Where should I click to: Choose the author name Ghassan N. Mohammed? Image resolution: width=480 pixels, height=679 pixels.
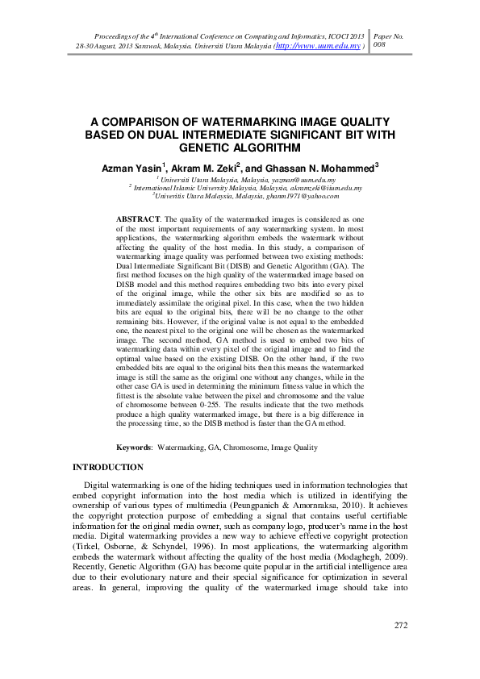[316, 168]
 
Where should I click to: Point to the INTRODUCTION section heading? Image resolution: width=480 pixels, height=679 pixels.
[108, 468]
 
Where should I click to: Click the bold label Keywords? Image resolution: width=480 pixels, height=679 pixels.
[134, 446]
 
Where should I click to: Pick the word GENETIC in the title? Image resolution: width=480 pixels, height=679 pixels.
[205, 148]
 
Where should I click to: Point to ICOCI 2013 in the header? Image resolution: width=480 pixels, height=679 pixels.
[344, 37]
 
